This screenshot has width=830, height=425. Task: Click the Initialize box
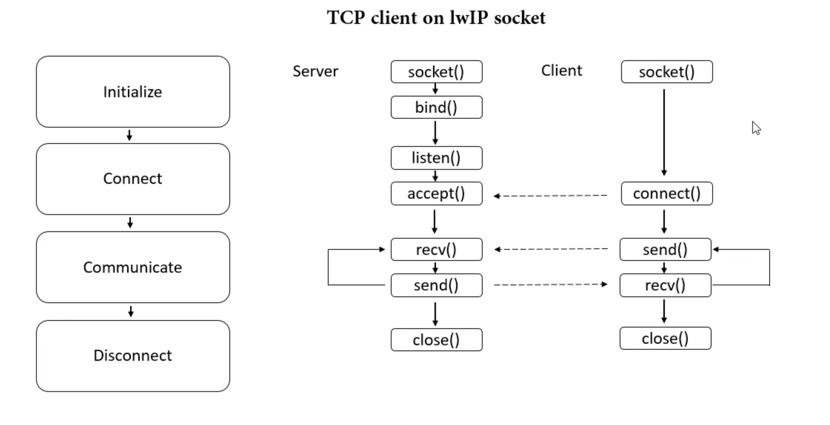[133, 92]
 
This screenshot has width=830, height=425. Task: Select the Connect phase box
[133, 179]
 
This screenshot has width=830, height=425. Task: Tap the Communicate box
[133, 267]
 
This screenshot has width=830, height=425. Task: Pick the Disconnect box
[133, 356]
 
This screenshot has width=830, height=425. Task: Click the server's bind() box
[436, 108]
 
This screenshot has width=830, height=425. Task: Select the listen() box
[436, 158]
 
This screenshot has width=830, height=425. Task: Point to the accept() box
[436, 193]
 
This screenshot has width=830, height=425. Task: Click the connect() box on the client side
[667, 193]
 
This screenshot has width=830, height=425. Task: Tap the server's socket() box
[436, 72]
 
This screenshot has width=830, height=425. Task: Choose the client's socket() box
[667, 72]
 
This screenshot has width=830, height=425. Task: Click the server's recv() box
[436, 249]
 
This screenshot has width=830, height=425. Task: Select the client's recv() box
[666, 285]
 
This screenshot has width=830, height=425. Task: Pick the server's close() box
[436, 340]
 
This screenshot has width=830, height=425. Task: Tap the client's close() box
[666, 338]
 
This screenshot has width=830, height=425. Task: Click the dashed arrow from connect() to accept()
[550, 195]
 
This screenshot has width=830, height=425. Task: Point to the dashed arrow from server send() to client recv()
[551, 285]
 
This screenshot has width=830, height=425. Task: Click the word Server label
[316, 71]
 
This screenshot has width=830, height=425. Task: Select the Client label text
[562, 71]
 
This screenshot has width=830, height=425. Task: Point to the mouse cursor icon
[756, 128]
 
